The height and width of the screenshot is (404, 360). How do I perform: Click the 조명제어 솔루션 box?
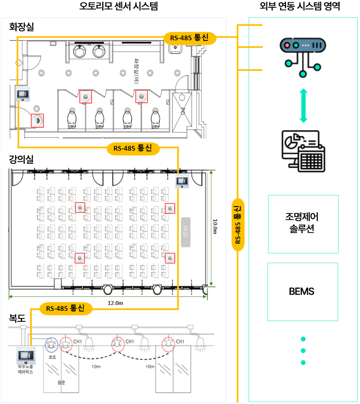[x=303, y=224]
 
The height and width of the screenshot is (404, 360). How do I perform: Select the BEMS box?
[x=302, y=291]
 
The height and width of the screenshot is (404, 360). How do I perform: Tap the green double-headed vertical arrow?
[x=304, y=106]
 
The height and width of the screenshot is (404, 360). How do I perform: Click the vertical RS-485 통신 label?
[x=238, y=225]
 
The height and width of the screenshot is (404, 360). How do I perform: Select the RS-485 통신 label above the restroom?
[x=190, y=38]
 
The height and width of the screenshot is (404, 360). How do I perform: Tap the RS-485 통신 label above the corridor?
[x=66, y=308]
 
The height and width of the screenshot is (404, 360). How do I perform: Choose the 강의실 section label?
[x=22, y=159]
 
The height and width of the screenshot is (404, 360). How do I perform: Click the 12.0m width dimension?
[x=116, y=303]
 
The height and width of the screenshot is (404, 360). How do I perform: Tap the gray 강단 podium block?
[x=185, y=232]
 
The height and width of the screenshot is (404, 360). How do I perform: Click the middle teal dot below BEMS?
[x=303, y=351]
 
